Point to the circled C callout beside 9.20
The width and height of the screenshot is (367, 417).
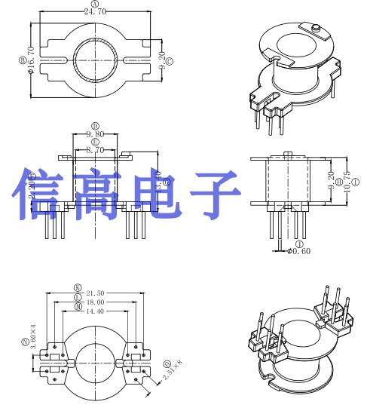coord(169,60)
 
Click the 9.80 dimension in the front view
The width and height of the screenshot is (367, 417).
coord(95,134)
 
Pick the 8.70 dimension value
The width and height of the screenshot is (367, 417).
coord(95,150)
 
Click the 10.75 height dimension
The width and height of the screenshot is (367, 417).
coord(346,182)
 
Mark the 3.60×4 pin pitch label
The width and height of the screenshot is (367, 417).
coord(33,336)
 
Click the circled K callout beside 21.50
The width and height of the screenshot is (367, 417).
coord(77,287)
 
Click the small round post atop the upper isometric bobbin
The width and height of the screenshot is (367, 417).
coord(316,30)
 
